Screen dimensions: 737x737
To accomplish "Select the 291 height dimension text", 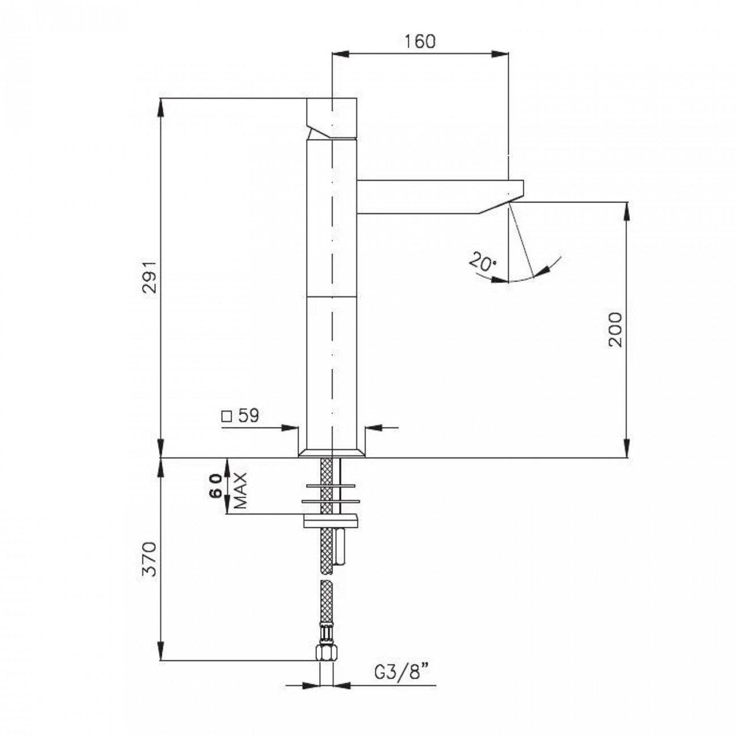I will click(x=150, y=277).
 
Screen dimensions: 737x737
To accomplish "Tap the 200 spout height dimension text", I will click(x=615, y=329).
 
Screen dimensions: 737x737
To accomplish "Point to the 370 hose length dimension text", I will click(x=150, y=559).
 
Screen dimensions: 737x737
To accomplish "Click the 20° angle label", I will click(x=482, y=261).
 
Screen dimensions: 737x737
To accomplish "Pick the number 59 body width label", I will click(x=248, y=416).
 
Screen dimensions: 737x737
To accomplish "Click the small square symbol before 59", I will click(x=227, y=417).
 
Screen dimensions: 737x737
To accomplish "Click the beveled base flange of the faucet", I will click(x=332, y=452).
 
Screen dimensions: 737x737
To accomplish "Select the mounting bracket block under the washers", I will click(x=331, y=521).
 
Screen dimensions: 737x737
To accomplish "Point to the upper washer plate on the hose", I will click(x=331, y=486).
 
